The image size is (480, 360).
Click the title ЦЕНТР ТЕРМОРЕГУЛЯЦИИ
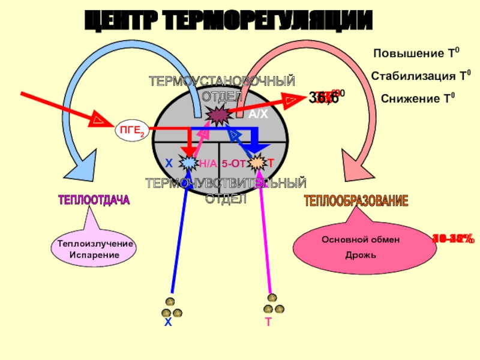227,22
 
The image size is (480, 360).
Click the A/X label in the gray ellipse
259,114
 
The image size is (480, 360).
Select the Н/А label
208,163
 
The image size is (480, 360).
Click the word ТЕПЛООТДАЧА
94,200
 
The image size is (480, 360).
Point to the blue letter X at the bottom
169,322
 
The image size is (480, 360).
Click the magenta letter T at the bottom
269,322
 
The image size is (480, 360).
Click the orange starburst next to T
256,163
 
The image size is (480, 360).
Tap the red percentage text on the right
453,239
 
